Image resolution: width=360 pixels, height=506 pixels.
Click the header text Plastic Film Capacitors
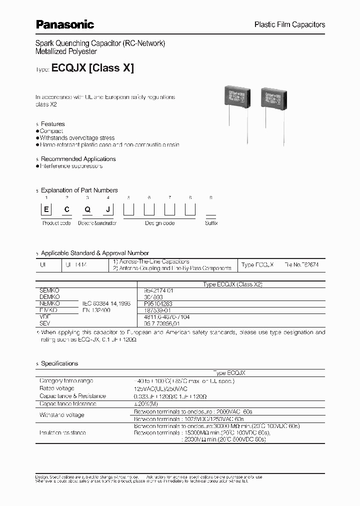[290, 24]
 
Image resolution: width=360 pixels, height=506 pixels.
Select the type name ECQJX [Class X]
[92, 69]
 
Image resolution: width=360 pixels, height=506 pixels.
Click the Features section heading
[52, 124]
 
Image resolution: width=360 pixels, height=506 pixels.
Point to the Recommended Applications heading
[78, 159]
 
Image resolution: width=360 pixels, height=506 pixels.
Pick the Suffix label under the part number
[211, 223]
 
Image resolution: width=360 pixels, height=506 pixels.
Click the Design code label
[160, 223]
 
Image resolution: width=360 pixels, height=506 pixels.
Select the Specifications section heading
[59, 363]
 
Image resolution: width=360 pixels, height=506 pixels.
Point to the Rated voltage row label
[57, 388]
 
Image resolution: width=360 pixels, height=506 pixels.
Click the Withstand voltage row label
[62, 415]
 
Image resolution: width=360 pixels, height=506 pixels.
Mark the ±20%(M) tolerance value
[145, 403]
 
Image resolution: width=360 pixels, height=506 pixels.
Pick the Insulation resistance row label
[62, 432]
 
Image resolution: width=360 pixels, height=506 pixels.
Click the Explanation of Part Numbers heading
[79, 190]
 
